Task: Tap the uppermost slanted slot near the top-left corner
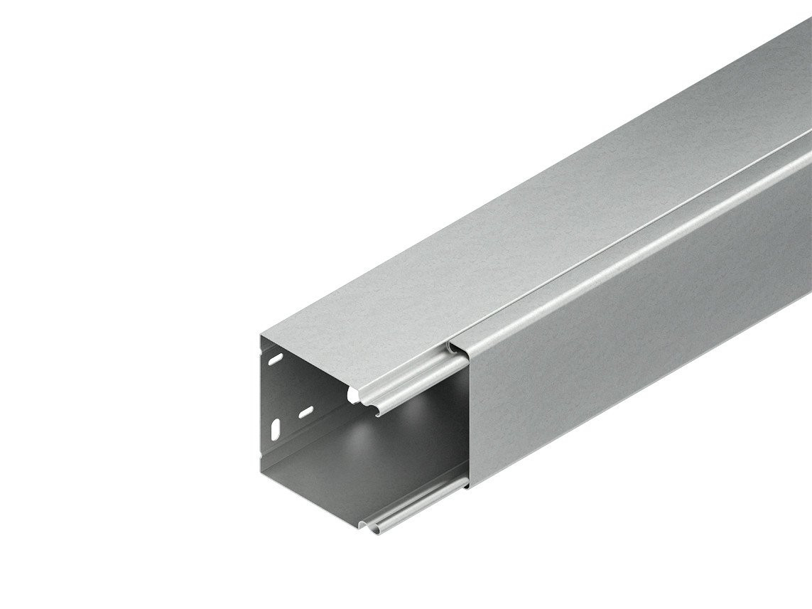[276, 357]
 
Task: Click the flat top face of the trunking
[497, 235]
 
